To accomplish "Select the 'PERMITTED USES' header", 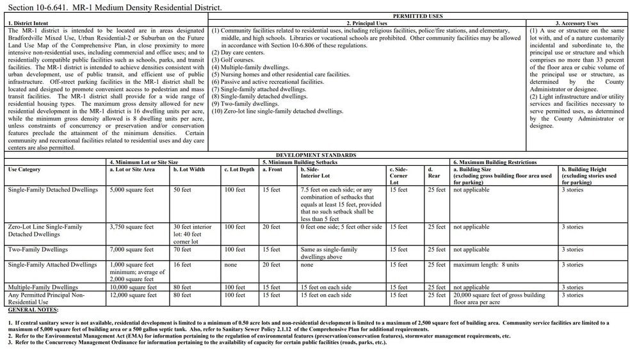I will coord(419,15).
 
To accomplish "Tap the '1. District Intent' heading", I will coord(29,23).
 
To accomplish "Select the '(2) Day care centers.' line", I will coord(238,53).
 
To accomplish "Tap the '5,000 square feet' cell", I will coord(132,190).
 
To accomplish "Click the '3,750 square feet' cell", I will coord(132,227).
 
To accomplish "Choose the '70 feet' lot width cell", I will coord(182,250).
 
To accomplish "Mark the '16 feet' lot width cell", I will coord(182,265).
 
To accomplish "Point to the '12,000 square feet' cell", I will coord(133,295).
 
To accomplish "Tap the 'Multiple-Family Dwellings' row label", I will coord(43,288).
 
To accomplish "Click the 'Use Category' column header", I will coord(24,170).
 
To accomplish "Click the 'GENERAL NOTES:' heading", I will coord(33,310).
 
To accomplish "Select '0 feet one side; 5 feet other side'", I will coord(341,227).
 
